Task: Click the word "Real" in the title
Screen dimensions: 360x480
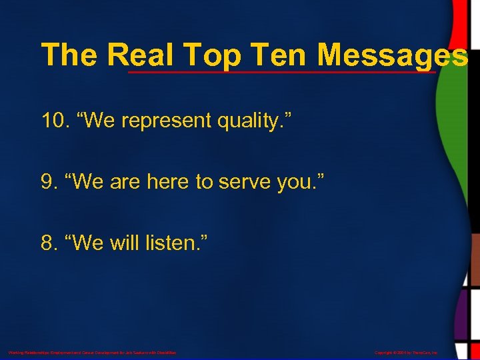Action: pyautogui.click(x=143, y=55)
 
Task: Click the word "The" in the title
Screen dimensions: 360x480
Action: pyautogui.click(x=69, y=55)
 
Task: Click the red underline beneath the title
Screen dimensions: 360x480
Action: pyautogui.click(x=280, y=71)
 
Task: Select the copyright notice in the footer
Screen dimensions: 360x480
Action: pyautogui.click(x=406, y=352)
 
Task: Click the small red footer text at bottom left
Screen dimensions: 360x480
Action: pyautogui.click(x=92, y=352)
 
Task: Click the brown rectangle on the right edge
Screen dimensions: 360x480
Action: pyautogui.click(x=471, y=260)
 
